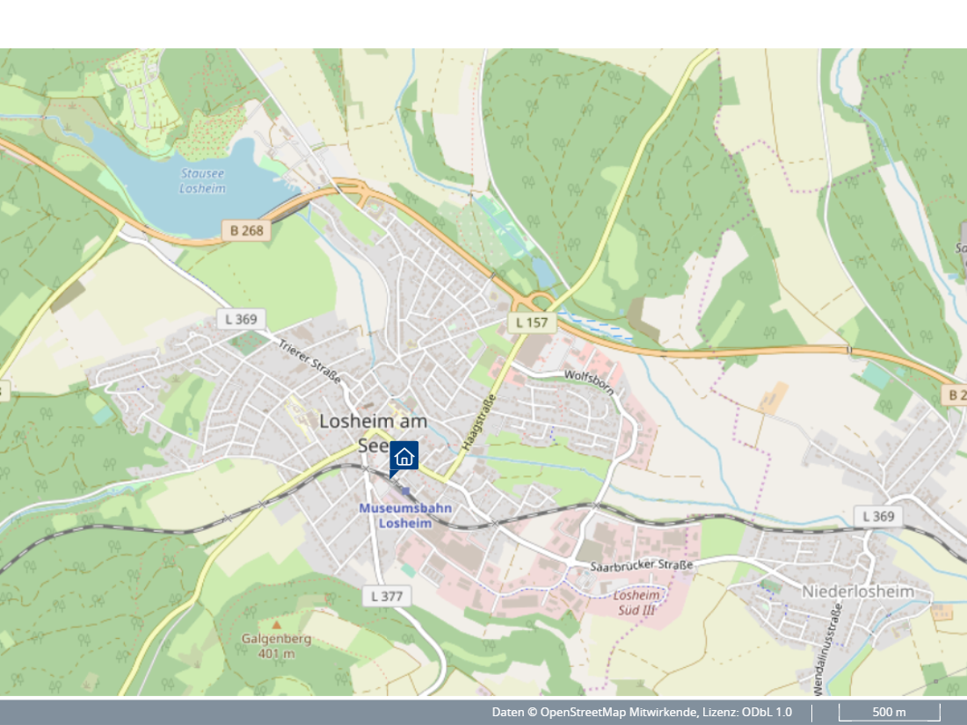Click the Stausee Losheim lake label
(202, 181)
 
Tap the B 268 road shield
(247, 230)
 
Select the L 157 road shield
(532, 323)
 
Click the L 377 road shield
(386, 596)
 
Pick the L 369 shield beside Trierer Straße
(241, 319)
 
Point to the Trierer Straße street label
(309, 361)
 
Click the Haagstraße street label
(476, 423)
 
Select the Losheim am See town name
(373, 421)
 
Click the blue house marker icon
(404, 456)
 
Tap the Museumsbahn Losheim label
(405, 515)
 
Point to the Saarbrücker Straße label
(642, 564)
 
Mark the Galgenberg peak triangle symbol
(277, 625)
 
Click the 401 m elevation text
(277, 654)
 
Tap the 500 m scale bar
(889, 712)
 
